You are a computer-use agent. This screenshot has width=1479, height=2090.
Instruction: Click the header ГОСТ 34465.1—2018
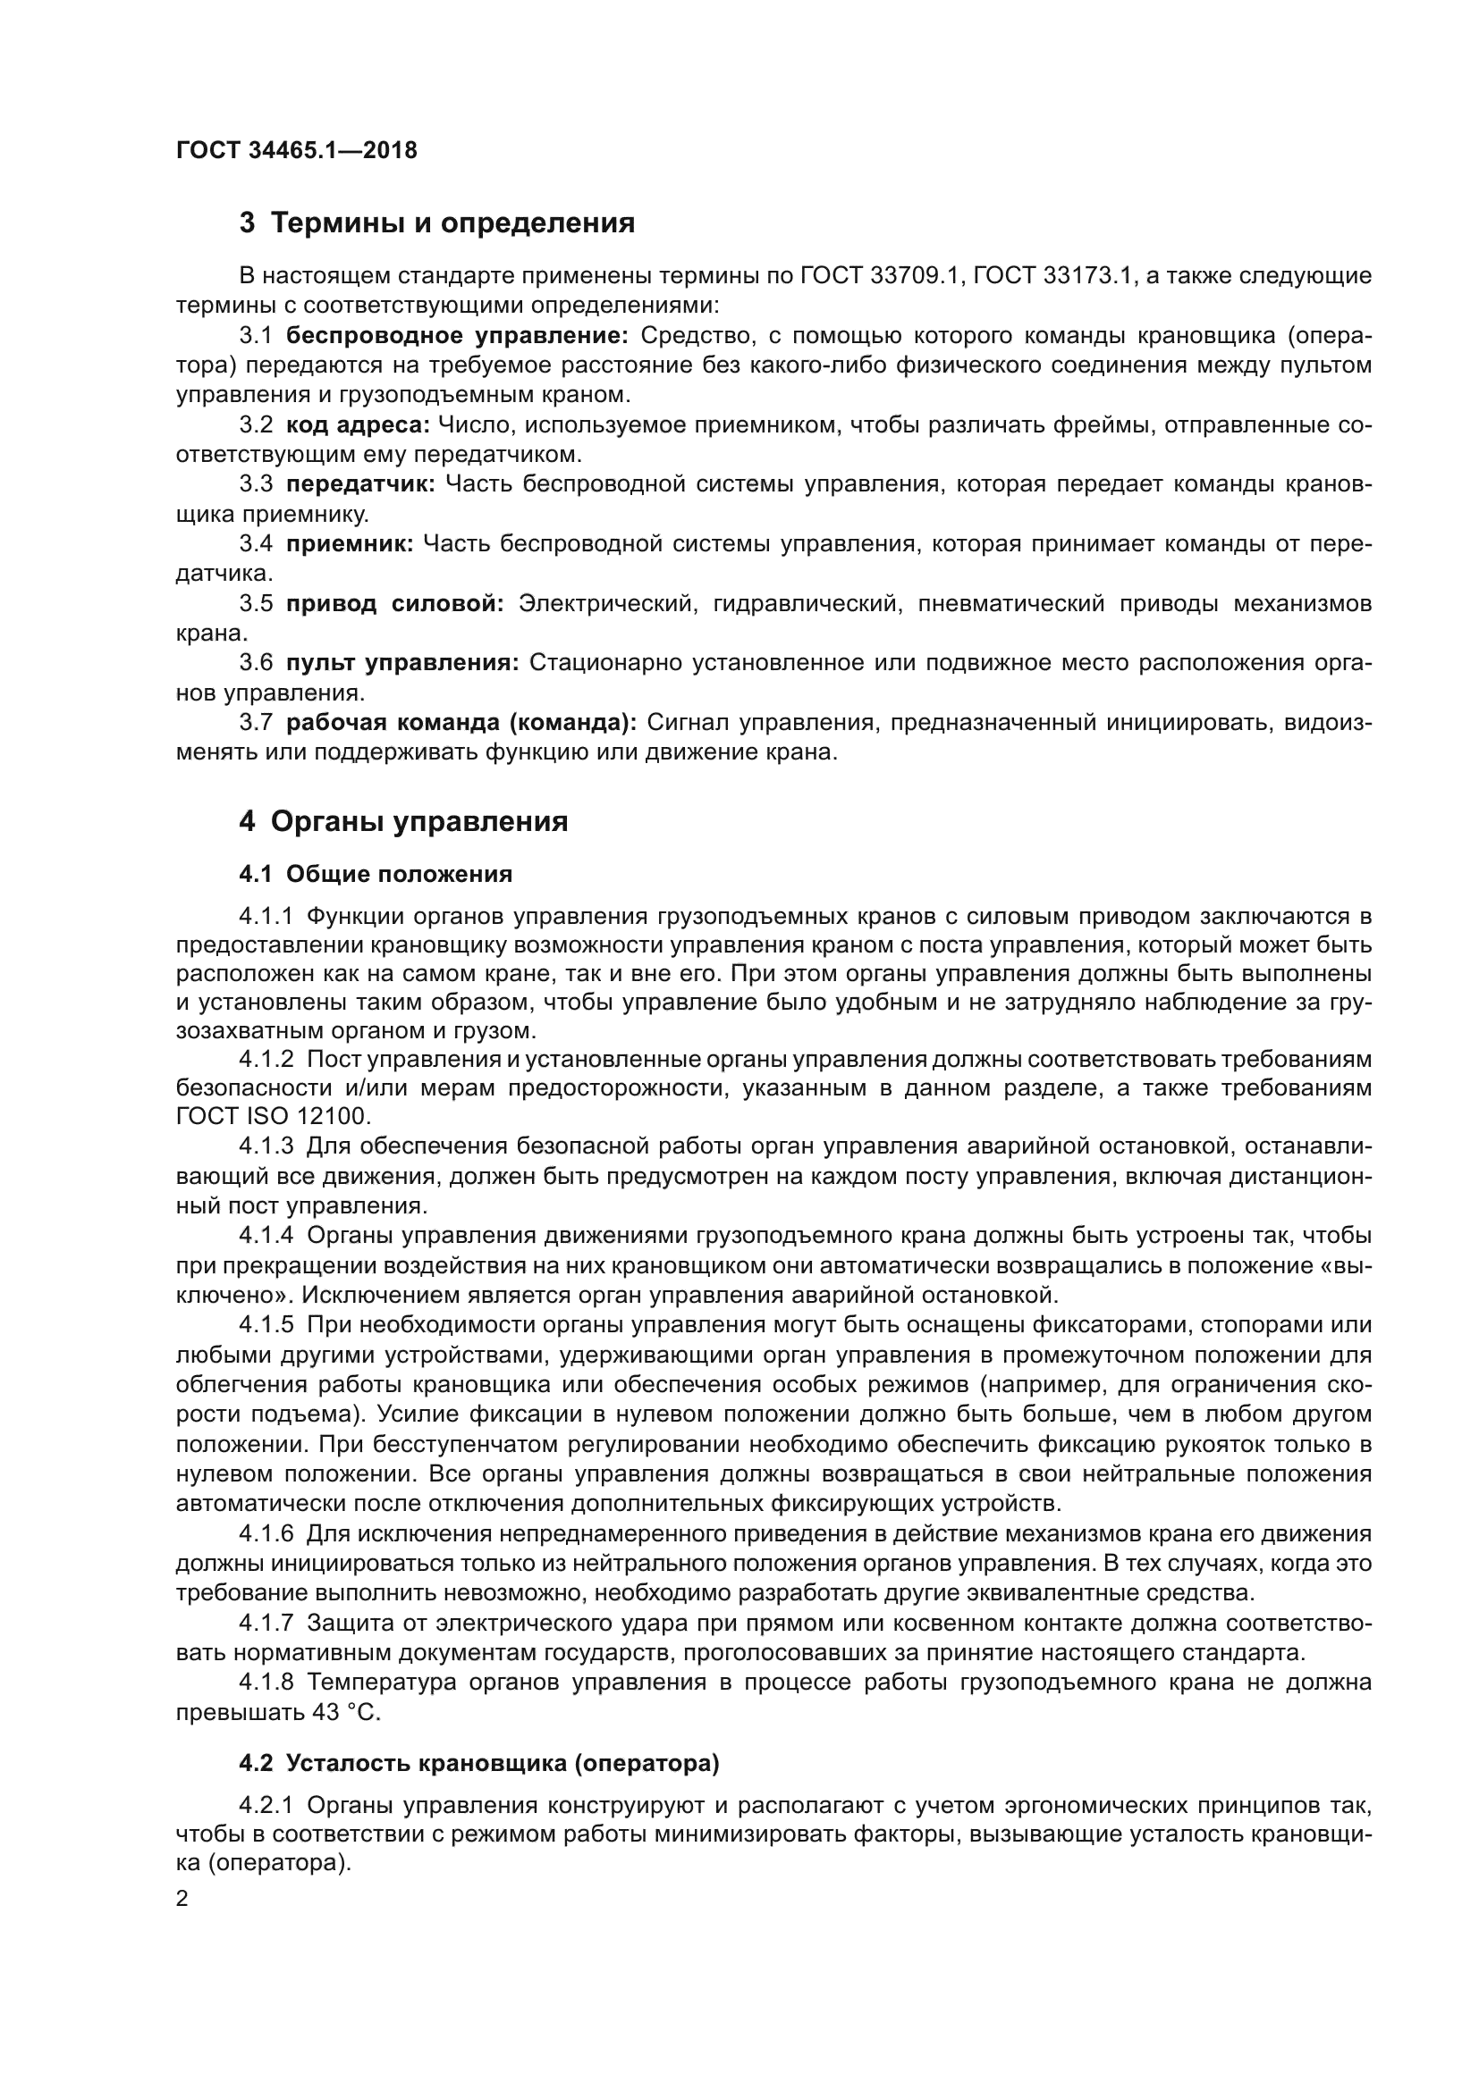[x=296, y=150]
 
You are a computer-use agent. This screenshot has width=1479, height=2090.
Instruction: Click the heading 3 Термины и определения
[x=436, y=223]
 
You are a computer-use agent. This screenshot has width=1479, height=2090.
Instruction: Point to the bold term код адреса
[x=357, y=425]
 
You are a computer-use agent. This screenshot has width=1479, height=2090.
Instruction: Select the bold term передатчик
[x=361, y=484]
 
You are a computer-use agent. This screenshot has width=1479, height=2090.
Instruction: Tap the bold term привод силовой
[x=394, y=603]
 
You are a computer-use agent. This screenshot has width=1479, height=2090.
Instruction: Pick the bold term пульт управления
[x=402, y=664]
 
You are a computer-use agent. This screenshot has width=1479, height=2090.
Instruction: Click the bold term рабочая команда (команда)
[x=461, y=723]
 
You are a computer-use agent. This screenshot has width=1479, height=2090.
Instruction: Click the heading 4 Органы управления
[x=403, y=822]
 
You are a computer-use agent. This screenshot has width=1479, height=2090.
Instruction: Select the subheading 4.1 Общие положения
[x=376, y=875]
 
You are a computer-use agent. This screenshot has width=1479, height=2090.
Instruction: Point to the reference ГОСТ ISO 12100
[x=273, y=1116]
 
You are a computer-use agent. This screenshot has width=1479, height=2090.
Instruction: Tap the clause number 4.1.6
[x=266, y=1534]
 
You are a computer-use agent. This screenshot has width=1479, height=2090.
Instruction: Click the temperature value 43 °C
[x=346, y=1712]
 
